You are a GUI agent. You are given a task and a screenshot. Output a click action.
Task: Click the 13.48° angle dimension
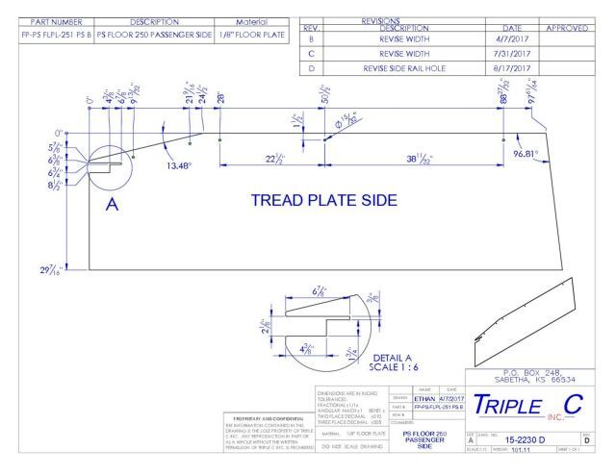pos(181,164)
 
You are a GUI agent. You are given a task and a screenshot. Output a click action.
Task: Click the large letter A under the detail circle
pos(110,212)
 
